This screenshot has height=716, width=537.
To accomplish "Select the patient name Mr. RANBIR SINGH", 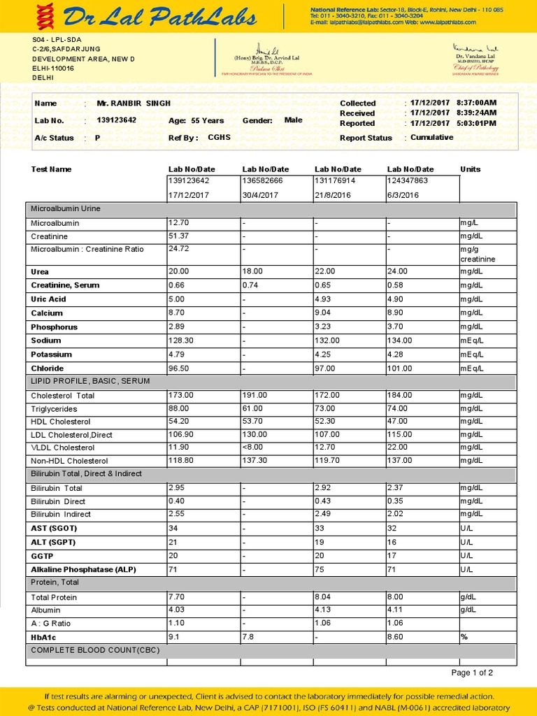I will [133, 103].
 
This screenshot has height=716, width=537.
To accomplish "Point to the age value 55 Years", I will [208, 120].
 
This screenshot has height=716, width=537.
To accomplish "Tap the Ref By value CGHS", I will [219, 138].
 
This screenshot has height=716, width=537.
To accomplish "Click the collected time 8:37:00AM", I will [476, 103].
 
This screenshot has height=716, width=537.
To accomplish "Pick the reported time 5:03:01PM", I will [476, 123].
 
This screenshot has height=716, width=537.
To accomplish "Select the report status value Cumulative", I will [431, 138].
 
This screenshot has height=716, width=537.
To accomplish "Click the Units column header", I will [470, 169].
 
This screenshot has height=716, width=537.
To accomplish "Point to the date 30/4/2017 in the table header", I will [260, 195].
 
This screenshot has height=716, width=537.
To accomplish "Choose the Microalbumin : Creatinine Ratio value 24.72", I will [180, 249].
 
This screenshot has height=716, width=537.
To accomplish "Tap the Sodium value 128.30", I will [182, 341].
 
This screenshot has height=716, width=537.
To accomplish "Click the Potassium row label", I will [51, 355].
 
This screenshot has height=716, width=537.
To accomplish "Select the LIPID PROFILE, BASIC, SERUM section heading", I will [90, 381].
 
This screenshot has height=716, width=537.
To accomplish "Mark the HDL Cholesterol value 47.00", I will [399, 422].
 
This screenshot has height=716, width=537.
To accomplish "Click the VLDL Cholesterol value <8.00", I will [254, 447].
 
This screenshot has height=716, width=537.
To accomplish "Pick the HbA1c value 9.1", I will [174, 637].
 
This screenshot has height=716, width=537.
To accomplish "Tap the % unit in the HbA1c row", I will [463, 637].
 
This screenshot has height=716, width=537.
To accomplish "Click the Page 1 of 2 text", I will [472, 673].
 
